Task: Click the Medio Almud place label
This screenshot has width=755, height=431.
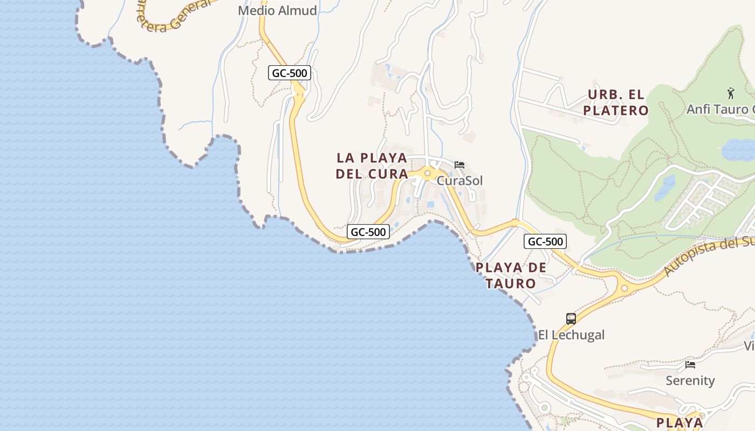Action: pyautogui.click(x=277, y=10)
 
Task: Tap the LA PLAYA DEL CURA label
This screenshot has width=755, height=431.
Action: pyautogui.click(x=372, y=166)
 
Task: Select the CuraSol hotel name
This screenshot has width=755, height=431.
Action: pyautogui.click(x=459, y=180)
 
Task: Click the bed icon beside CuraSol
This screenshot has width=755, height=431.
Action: pyautogui.click(x=459, y=164)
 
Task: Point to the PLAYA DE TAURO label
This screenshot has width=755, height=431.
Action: pyautogui.click(x=511, y=275)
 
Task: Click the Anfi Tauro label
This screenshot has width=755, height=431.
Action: pyautogui.click(x=720, y=109)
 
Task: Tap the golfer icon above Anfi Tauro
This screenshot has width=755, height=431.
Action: pyautogui.click(x=731, y=93)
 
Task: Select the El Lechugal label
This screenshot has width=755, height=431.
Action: pyautogui.click(x=571, y=335)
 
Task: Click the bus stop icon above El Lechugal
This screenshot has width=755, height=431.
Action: pyautogui.click(x=571, y=318)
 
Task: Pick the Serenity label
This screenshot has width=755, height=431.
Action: pyautogui.click(x=690, y=380)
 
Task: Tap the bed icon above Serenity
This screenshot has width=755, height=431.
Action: pyautogui.click(x=690, y=365)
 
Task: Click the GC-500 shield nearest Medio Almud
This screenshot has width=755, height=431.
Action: pyautogui.click(x=290, y=73)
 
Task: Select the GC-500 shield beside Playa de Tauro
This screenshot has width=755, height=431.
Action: pyautogui.click(x=545, y=241)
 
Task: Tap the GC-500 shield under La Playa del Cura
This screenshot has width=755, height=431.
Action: pyautogui.click(x=368, y=232)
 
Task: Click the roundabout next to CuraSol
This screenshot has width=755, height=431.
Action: pyautogui.click(x=428, y=173)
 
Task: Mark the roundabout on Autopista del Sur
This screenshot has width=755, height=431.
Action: pyautogui.click(x=624, y=288)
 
